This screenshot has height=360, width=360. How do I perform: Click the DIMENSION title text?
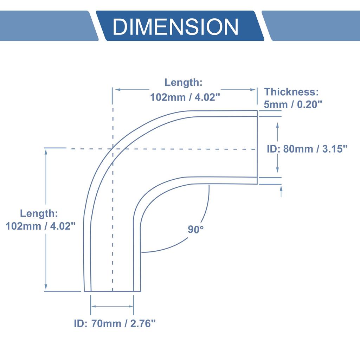[x=175, y=26]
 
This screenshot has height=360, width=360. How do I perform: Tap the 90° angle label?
[x=196, y=230]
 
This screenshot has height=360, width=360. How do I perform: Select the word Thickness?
[x=291, y=92]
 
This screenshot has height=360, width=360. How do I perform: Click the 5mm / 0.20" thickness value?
[x=293, y=104]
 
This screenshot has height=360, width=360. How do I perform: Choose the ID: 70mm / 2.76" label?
[x=115, y=323]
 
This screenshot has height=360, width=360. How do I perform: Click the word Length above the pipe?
[x=184, y=83]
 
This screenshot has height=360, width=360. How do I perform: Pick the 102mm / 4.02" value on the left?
[x=41, y=226]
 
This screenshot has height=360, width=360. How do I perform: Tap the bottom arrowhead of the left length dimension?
[x=45, y=288]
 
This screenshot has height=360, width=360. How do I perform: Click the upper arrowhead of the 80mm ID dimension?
[x=278, y=125]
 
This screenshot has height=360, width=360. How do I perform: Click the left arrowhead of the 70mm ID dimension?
[x=93, y=306]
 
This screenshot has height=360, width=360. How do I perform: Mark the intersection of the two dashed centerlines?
[x=112, y=149]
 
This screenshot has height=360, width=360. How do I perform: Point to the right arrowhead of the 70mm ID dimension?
[x=131, y=306]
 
